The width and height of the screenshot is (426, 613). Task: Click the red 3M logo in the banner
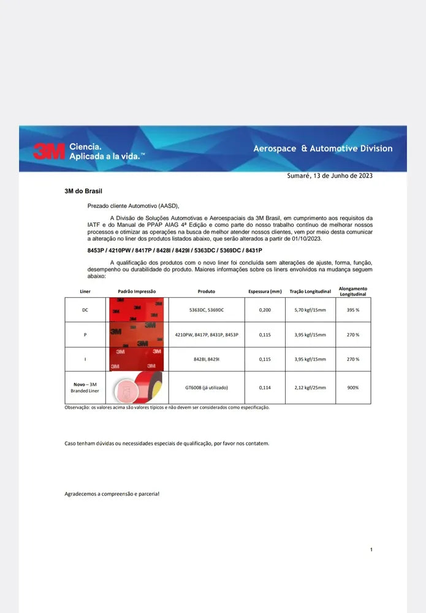[48, 151]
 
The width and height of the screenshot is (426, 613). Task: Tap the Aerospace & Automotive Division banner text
[323, 148]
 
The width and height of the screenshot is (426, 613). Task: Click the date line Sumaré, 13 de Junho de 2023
[329, 176]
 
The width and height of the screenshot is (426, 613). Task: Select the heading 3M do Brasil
[83, 191]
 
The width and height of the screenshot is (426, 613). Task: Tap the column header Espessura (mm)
[265, 291]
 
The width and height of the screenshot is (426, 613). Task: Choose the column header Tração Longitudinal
[310, 291]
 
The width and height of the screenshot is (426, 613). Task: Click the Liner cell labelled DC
[85, 310]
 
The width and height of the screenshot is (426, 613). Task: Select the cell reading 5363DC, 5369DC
[207, 310]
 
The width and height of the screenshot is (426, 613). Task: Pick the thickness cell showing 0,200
[265, 310]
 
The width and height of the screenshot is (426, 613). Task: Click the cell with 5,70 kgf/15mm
[310, 310]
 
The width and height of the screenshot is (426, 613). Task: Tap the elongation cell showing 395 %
[353, 310]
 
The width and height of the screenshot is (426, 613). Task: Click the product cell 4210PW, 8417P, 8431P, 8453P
[207, 335]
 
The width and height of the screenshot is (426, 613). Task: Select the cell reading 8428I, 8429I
[206, 359]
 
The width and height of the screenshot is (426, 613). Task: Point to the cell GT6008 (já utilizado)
[206, 387]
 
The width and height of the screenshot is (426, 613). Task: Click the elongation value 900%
[353, 387]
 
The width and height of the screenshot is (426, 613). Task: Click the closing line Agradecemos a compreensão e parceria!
[112, 493]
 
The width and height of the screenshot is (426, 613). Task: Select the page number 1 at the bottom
[371, 549]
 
